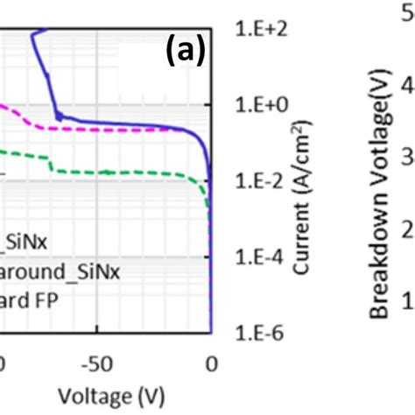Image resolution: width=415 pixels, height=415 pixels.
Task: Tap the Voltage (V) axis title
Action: tap(103, 396)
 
